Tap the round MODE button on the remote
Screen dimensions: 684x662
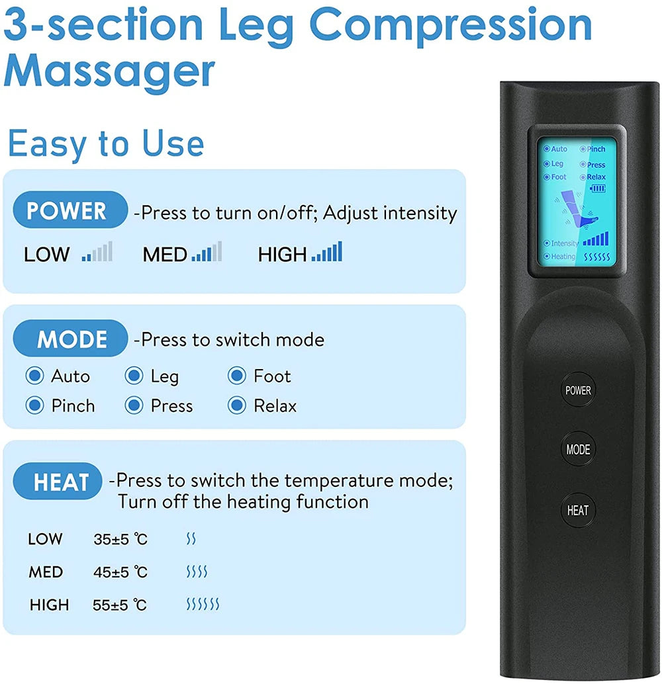click(x=577, y=450)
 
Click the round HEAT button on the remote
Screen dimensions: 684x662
click(x=577, y=510)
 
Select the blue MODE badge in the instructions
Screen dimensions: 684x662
click(x=70, y=339)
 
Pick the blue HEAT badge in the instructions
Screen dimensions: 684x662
click(x=61, y=482)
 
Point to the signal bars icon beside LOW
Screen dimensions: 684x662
click(x=97, y=252)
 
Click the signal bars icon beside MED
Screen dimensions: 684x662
click(x=207, y=252)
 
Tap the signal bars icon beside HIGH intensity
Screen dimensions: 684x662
click(x=327, y=252)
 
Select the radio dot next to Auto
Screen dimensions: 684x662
click(x=34, y=376)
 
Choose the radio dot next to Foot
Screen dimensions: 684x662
click(x=236, y=376)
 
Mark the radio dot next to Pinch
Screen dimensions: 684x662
click(x=34, y=405)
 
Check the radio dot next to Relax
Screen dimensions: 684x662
click(x=236, y=405)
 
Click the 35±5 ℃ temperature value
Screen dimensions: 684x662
click(x=120, y=540)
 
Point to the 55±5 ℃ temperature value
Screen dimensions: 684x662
click(x=120, y=605)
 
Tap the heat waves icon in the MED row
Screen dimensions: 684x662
click(x=197, y=572)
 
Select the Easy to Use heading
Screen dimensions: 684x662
click(x=106, y=144)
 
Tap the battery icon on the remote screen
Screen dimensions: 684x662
click(x=598, y=188)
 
